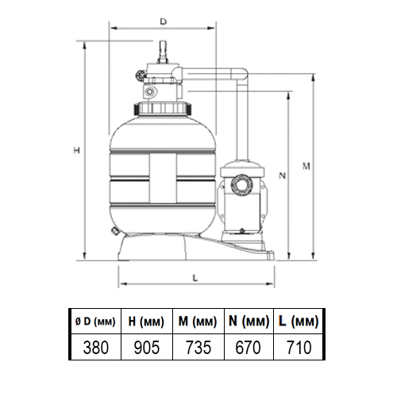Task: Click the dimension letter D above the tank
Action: (x=164, y=21)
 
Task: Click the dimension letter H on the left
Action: (x=76, y=150)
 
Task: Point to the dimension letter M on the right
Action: (x=306, y=166)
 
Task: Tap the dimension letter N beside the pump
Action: (x=283, y=175)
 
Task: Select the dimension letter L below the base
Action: (x=195, y=278)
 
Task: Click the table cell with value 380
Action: (x=96, y=347)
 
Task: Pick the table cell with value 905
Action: (x=147, y=347)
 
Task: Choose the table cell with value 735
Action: (x=198, y=347)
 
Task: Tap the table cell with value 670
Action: (x=249, y=347)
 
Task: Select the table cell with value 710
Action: (x=299, y=347)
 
